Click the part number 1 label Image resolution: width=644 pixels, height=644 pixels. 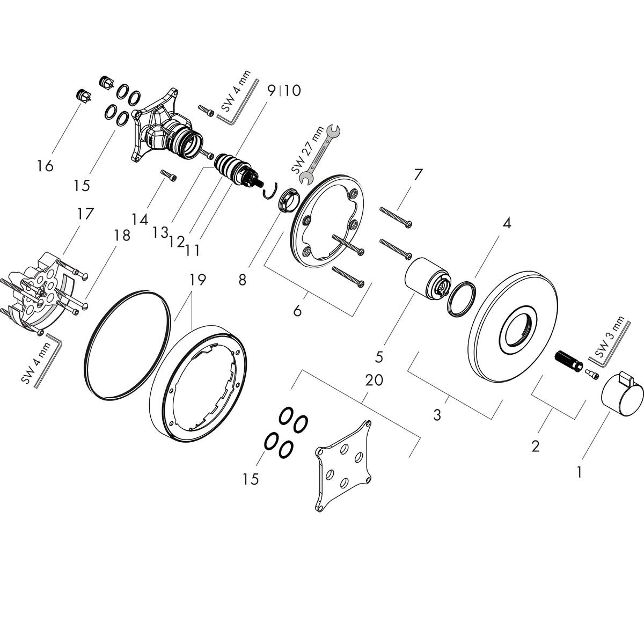coord(578,472)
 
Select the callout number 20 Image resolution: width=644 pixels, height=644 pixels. coord(374,380)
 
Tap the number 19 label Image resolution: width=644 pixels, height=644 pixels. coord(197,280)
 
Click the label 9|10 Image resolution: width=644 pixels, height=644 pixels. coord(284,90)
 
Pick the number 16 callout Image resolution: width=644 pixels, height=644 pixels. coord(46,166)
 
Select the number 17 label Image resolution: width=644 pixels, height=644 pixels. coord(85,214)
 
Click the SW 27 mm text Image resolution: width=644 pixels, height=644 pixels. coord(304,149)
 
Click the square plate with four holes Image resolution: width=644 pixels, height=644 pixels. coord(343,464)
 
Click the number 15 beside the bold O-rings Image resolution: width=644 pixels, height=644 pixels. coord(250,478)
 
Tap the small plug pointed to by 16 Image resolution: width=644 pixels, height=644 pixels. coord(84,95)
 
